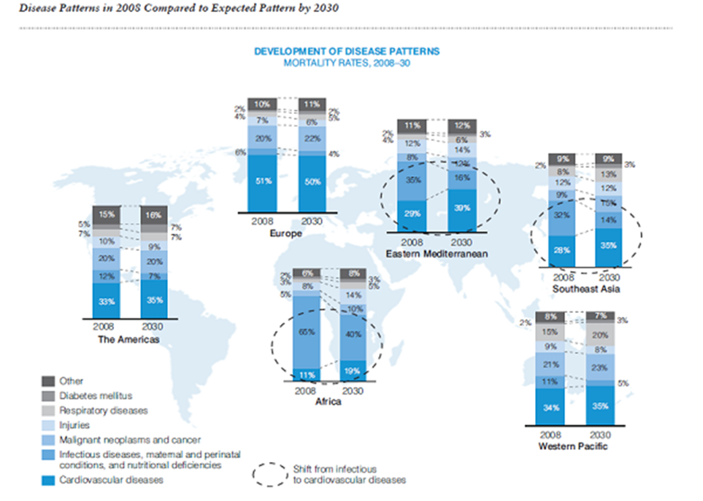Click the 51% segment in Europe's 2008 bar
(262, 181)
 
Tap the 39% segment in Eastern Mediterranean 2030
(461, 209)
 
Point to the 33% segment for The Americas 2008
(105, 300)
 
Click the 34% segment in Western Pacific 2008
(550, 407)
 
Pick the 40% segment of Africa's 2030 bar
(355, 335)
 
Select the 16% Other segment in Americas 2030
(154, 214)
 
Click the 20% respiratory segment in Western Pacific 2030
(599, 335)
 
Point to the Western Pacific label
(574, 447)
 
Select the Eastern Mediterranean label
(436, 253)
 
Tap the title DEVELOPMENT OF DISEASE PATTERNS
(346, 51)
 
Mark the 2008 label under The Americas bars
(105, 327)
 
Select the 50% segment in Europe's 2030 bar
(311, 181)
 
